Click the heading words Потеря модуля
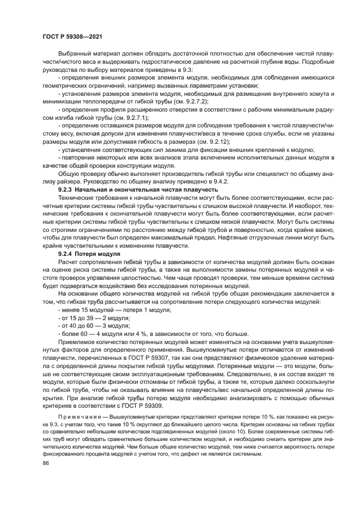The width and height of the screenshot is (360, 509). tap(97, 254)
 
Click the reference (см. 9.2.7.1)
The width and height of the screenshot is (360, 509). tap(131, 117)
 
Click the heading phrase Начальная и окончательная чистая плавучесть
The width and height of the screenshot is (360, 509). tap(144, 189)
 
